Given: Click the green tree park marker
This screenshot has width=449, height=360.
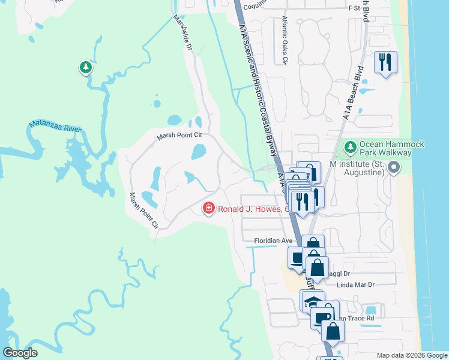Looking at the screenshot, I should [86, 67].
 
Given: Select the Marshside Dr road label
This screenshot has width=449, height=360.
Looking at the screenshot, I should [182, 33].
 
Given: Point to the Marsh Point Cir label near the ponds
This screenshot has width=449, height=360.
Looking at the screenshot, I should [180, 136].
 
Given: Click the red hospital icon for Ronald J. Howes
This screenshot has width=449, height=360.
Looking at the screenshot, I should [209, 208].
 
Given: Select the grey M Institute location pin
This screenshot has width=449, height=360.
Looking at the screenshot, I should [393, 168].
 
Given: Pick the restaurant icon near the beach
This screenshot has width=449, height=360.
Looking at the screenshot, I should [385, 62].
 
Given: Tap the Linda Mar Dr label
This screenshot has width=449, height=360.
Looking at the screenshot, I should [355, 285].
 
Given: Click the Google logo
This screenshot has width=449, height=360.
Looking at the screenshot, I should [20, 353].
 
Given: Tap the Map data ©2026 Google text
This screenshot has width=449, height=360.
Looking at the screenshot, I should [411, 355].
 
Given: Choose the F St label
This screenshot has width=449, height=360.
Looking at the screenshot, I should [353, 9].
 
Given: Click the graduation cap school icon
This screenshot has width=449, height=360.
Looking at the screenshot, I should [312, 301].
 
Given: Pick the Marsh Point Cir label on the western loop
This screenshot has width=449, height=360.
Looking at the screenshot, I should [145, 211].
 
